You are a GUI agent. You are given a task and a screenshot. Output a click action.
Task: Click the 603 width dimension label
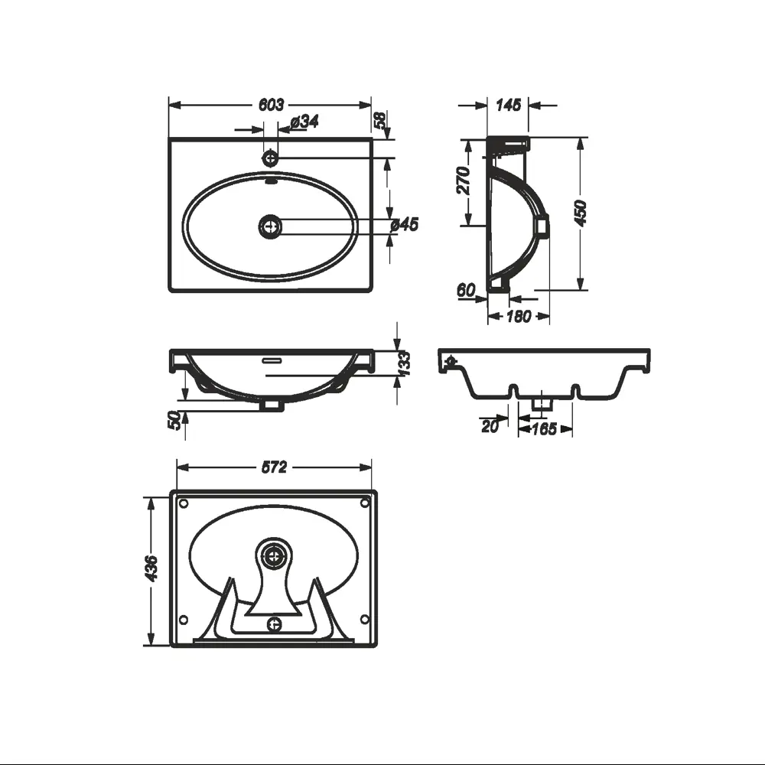point(271,104)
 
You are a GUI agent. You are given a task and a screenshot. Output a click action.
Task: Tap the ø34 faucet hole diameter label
point(304,122)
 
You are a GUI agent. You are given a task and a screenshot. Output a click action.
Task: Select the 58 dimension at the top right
point(380,120)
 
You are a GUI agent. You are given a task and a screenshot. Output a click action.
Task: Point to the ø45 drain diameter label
point(405,224)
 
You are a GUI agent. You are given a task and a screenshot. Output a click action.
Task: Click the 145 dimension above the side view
point(509,104)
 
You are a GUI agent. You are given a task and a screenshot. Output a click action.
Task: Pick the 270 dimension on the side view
point(464,180)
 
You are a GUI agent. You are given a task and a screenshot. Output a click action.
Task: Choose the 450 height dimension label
point(581,213)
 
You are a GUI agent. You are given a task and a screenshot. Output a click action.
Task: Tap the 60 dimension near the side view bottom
point(466,290)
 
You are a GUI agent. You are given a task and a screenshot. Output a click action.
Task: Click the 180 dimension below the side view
point(519,317)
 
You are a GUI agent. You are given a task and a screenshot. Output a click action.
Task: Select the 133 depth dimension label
point(404,364)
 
